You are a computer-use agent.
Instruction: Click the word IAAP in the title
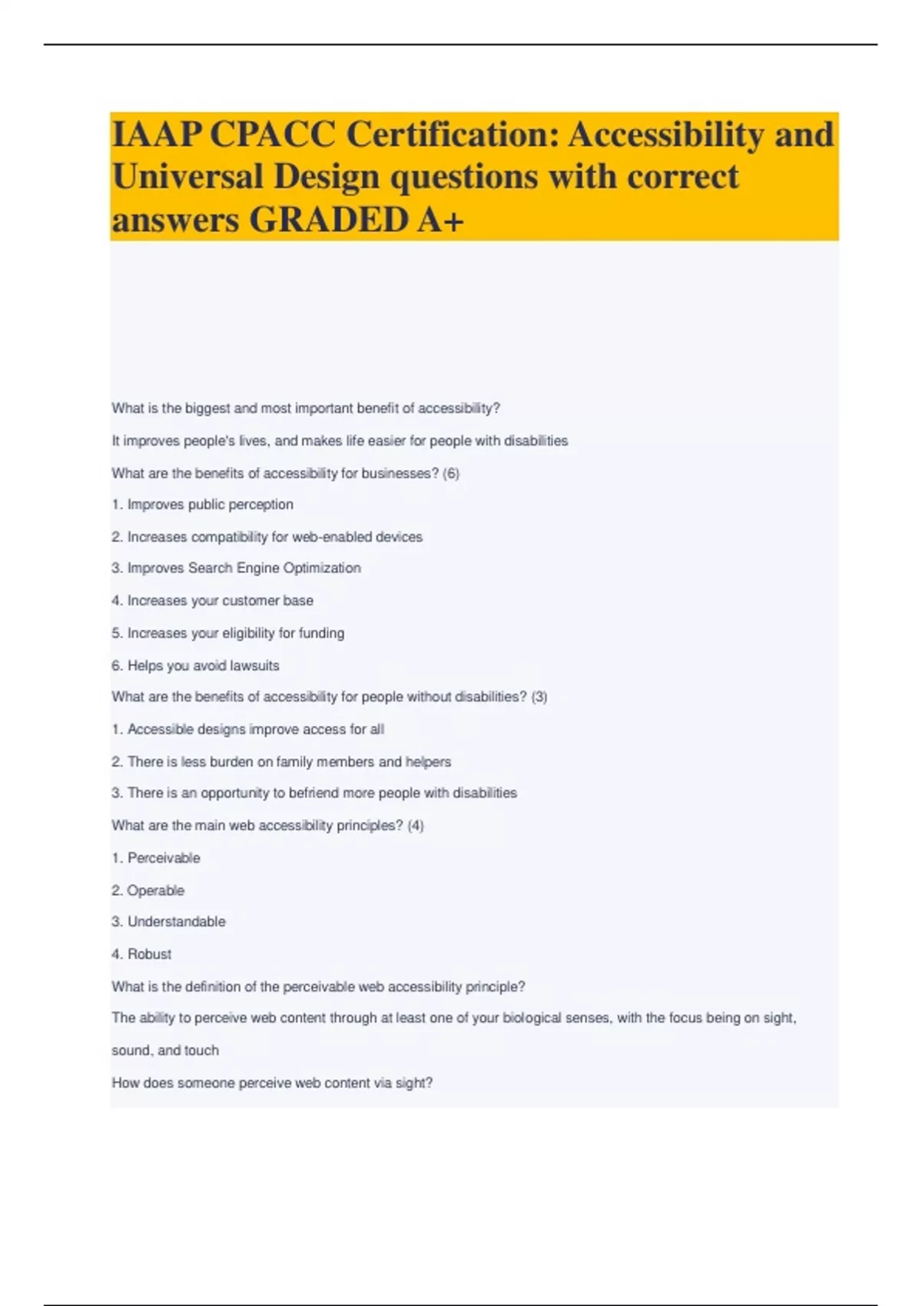pos(156,135)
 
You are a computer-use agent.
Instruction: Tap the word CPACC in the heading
pos(272,135)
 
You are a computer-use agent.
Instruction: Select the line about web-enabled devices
pos(267,537)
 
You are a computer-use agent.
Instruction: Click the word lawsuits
pos(254,666)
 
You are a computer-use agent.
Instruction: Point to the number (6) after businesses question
pos(451,473)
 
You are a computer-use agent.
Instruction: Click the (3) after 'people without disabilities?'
pos(539,697)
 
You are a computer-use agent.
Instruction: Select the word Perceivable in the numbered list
pos(164,858)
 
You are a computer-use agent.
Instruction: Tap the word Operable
pos(155,890)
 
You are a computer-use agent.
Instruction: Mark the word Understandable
pos(176,922)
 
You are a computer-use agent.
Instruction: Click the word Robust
pos(149,954)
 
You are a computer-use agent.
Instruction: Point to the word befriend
pos(313,793)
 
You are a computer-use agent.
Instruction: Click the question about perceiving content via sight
pos(272,1083)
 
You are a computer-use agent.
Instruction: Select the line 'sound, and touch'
pos(165,1050)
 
